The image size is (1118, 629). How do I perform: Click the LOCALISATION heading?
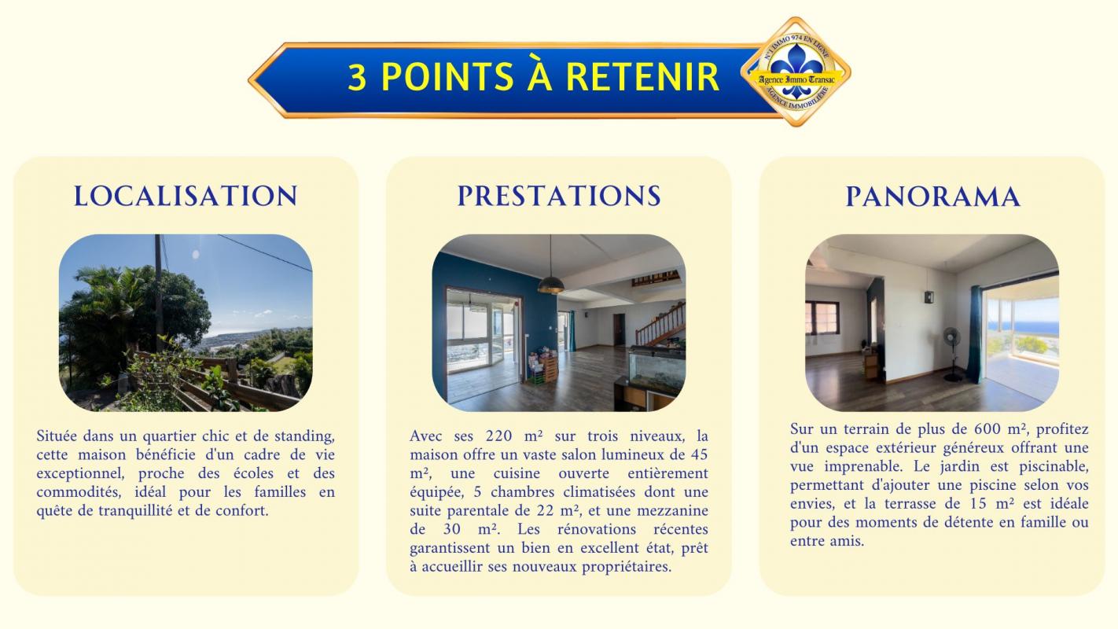pyautogui.click(x=186, y=196)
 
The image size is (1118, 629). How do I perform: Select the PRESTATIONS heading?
pyautogui.click(x=559, y=196)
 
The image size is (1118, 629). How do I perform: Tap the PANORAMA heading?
pyautogui.click(x=932, y=197)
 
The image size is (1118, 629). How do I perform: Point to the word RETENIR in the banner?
pyautogui.click(x=642, y=77)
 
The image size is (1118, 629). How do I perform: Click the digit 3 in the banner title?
pyautogui.click(x=357, y=77)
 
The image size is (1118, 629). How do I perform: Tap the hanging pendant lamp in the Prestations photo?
pyautogui.click(x=551, y=285)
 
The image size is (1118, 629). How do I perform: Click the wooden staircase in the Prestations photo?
pyautogui.click(x=660, y=325)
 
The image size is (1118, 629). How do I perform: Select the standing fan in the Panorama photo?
pyautogui.click(x=952, y=354)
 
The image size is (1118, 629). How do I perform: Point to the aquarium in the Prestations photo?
pyautogui.click(x=656, y=369)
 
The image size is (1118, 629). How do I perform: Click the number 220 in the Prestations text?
pyautogui.click(x=498, y=436)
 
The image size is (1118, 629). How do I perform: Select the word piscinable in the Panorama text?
pyautogui.click(x=1053, y=467)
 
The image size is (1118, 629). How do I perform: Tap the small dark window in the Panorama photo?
pyautogui.click(x=822, y=318)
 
